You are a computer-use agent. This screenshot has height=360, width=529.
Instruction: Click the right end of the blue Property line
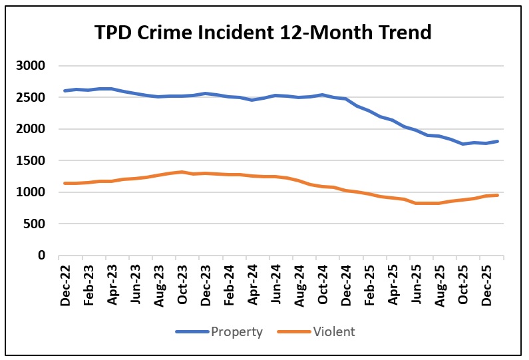click(498, 141)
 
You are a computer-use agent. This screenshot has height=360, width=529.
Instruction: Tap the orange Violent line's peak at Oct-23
click(182, 172)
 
